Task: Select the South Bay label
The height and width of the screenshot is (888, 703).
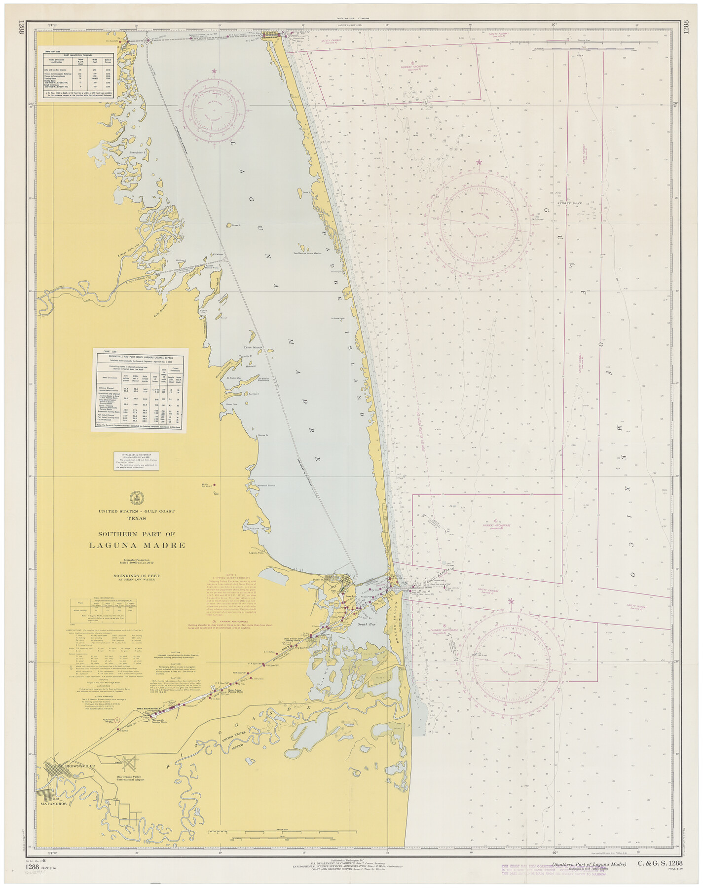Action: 367,625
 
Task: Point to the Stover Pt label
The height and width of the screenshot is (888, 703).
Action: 262,435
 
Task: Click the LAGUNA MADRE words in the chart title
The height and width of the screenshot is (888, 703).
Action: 137,545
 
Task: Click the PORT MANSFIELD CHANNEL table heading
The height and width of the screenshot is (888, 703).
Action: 78,56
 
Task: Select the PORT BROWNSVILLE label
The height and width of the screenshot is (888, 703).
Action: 148,709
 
